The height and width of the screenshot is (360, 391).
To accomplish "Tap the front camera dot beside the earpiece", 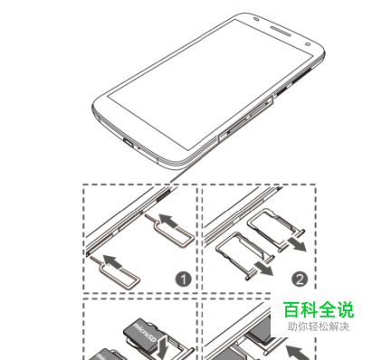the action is pos(308,44).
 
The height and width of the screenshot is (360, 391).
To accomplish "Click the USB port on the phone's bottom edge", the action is pos(128,142).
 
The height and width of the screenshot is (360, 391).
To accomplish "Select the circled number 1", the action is pos(184,279).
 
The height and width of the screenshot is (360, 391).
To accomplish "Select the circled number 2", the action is pos(300,279).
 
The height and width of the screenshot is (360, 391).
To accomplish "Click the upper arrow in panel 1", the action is pos(167,221).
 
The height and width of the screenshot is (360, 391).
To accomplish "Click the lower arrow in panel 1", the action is pos(112,261).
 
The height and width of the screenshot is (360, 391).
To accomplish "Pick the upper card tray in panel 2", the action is pos(276,230).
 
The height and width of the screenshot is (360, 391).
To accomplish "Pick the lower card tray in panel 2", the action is pos(245,255).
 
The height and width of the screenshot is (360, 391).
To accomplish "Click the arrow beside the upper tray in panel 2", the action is pos(297,243).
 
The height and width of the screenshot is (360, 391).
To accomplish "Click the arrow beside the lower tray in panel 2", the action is pos(263,268).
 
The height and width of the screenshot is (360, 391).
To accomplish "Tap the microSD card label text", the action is pos(145,334).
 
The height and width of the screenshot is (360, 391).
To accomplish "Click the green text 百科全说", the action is pos(319,309).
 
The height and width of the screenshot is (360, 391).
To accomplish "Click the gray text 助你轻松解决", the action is pos(319,327).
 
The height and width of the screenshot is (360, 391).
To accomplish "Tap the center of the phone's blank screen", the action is pos(210,84).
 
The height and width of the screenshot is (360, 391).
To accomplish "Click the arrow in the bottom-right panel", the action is pos(297,353).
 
